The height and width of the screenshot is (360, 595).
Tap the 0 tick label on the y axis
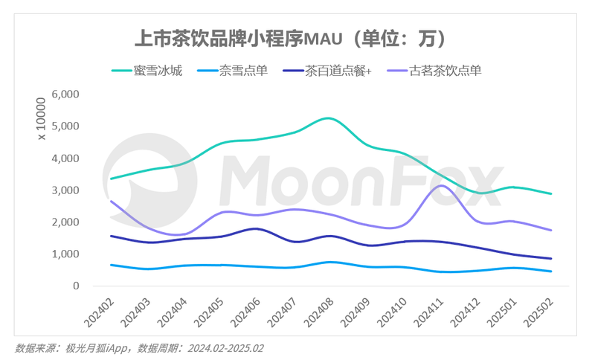75,286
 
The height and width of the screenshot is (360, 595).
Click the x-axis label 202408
319,313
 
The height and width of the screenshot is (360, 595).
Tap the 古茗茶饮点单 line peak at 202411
442,186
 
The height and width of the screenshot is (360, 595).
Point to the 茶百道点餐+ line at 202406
255,229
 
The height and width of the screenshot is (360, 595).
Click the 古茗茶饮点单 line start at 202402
111,202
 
